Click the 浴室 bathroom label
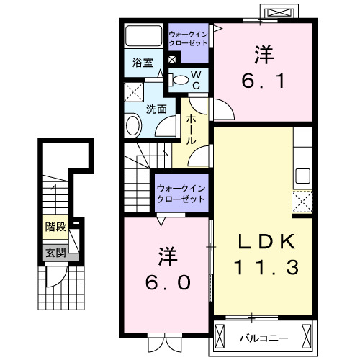point(142,63)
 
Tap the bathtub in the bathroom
point(143,36)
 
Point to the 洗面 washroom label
point(156,109)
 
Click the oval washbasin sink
point(134,127)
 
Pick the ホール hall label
point(192,130)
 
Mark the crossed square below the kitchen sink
point(302,201)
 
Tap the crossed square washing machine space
point(133,92)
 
